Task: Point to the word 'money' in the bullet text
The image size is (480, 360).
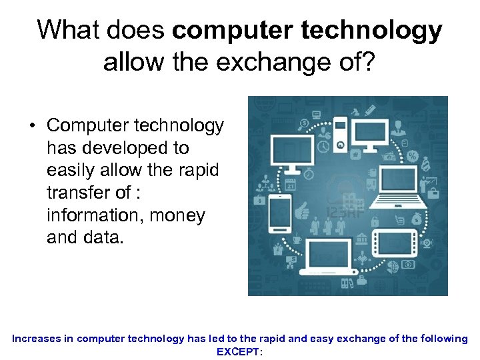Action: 178,216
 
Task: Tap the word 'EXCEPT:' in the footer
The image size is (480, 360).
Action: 240,351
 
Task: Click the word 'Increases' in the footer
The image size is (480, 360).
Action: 37,339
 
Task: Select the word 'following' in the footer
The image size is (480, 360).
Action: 440,339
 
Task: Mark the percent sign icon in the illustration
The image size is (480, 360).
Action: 413,156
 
